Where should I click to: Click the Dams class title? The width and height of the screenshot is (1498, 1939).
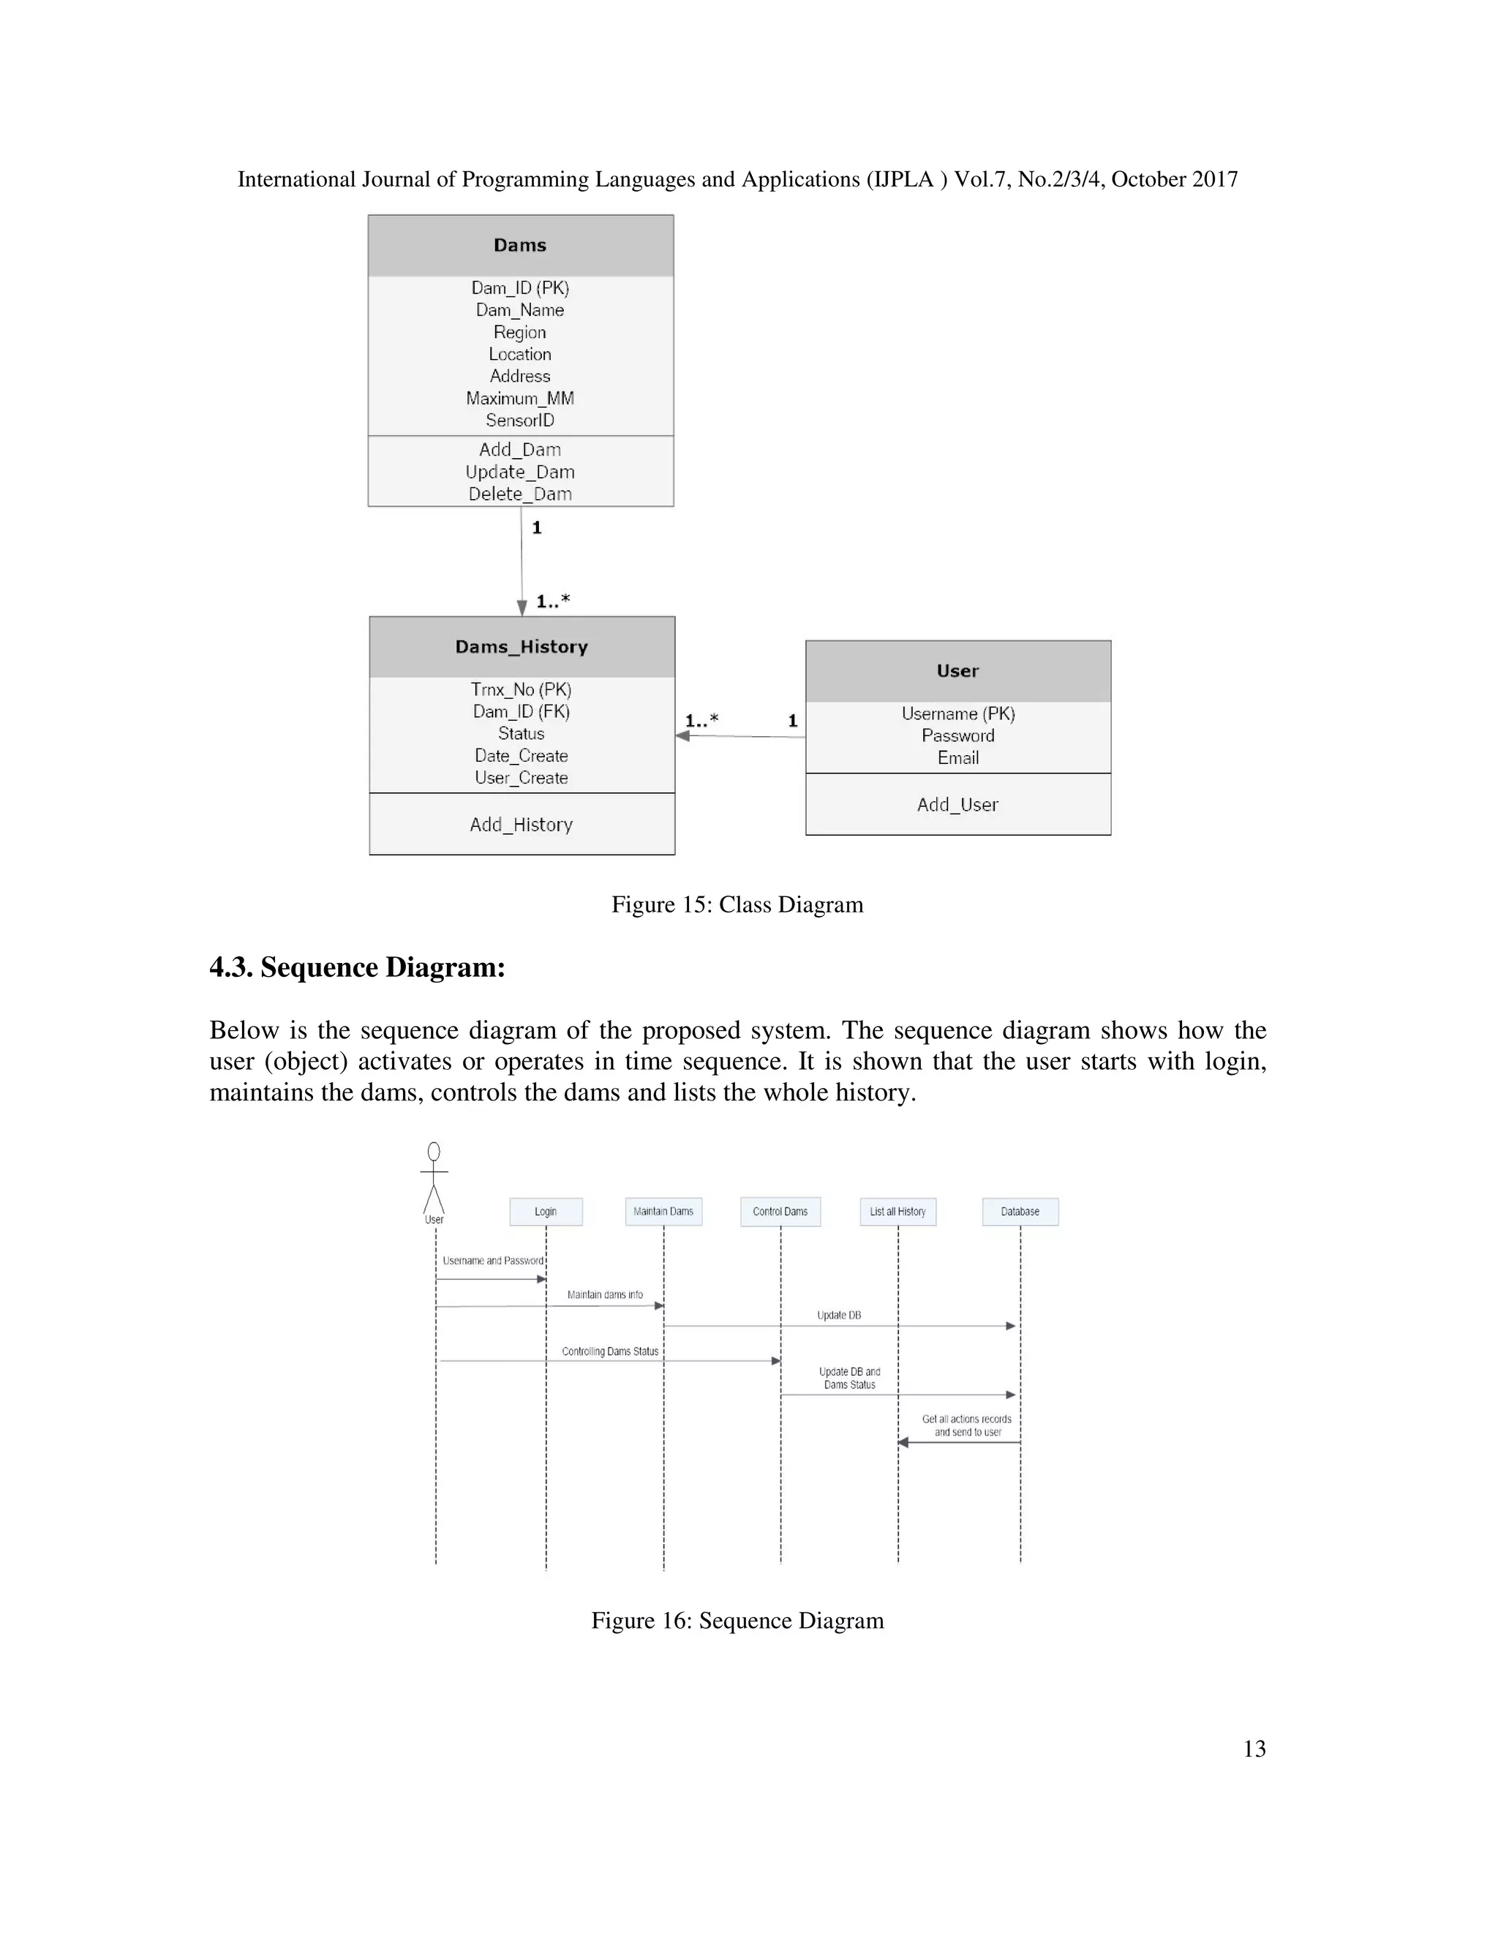point(520,245)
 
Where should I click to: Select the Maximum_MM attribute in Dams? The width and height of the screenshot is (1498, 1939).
point(520,399)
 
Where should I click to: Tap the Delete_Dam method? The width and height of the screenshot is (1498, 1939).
point(520,495)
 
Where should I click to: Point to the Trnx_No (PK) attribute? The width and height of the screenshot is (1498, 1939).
point(521,690)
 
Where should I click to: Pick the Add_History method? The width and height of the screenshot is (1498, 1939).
point(521,825)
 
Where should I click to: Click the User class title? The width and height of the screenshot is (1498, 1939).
point(957,671)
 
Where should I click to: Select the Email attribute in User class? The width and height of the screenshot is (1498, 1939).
point(957,758)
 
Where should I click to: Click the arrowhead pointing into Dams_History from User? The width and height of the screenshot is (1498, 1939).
point(682,736)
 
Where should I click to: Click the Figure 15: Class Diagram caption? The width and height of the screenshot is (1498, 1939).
point(737,904)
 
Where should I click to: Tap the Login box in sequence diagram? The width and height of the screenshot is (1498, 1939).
point(546,1212)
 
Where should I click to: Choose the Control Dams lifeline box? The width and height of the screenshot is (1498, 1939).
point(780,1212)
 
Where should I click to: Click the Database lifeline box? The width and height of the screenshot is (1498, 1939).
point(1020,1212)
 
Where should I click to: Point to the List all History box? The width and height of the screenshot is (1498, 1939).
point(897,1212)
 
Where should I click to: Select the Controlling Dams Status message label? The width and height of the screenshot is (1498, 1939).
point(610,1351)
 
